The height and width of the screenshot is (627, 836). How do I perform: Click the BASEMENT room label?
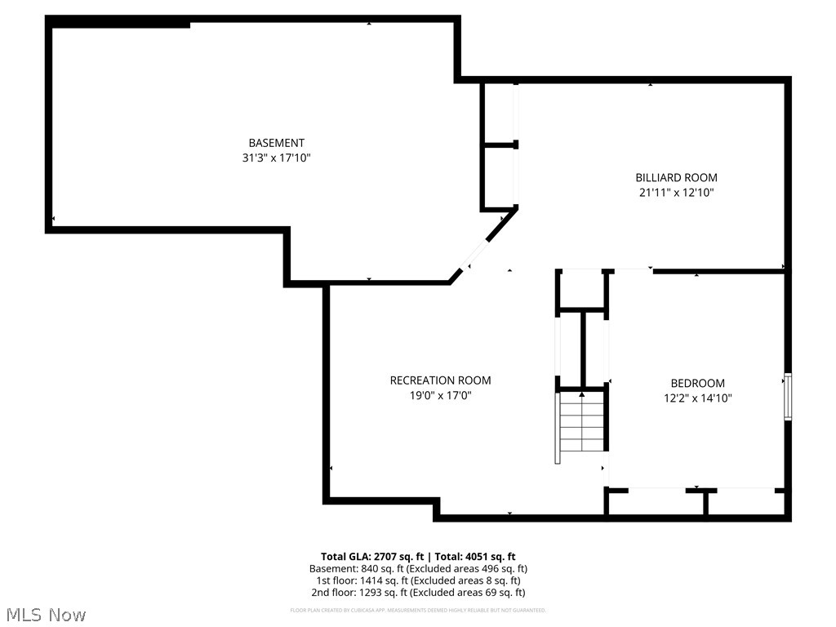[x=277, y=143]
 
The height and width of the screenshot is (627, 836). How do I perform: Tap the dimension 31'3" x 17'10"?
[x=277, y=158]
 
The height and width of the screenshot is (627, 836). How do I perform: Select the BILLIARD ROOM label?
[x=677, y=177]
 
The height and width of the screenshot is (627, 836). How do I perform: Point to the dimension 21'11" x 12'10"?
[x=677, y=193]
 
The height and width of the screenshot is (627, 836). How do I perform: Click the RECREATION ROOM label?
[x=440, y=380]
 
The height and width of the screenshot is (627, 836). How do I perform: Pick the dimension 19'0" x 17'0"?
[x=440, y=396]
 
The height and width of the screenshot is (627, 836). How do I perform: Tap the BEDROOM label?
[x=697, y=383]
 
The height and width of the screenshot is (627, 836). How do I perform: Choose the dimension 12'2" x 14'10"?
[x=697, y=398]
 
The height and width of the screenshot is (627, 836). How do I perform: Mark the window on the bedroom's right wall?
[x=788, y=397]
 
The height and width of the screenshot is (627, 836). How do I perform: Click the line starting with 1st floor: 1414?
[x=418, y=580]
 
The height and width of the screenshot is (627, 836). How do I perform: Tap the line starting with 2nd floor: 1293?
[x=418, y=593]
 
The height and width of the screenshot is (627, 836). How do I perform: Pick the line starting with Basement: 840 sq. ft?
[x=418, y=568]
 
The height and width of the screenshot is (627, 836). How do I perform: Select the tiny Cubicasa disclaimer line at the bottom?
[x=418, y=610]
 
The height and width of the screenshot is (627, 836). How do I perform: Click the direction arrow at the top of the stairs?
[x=582, y=395]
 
